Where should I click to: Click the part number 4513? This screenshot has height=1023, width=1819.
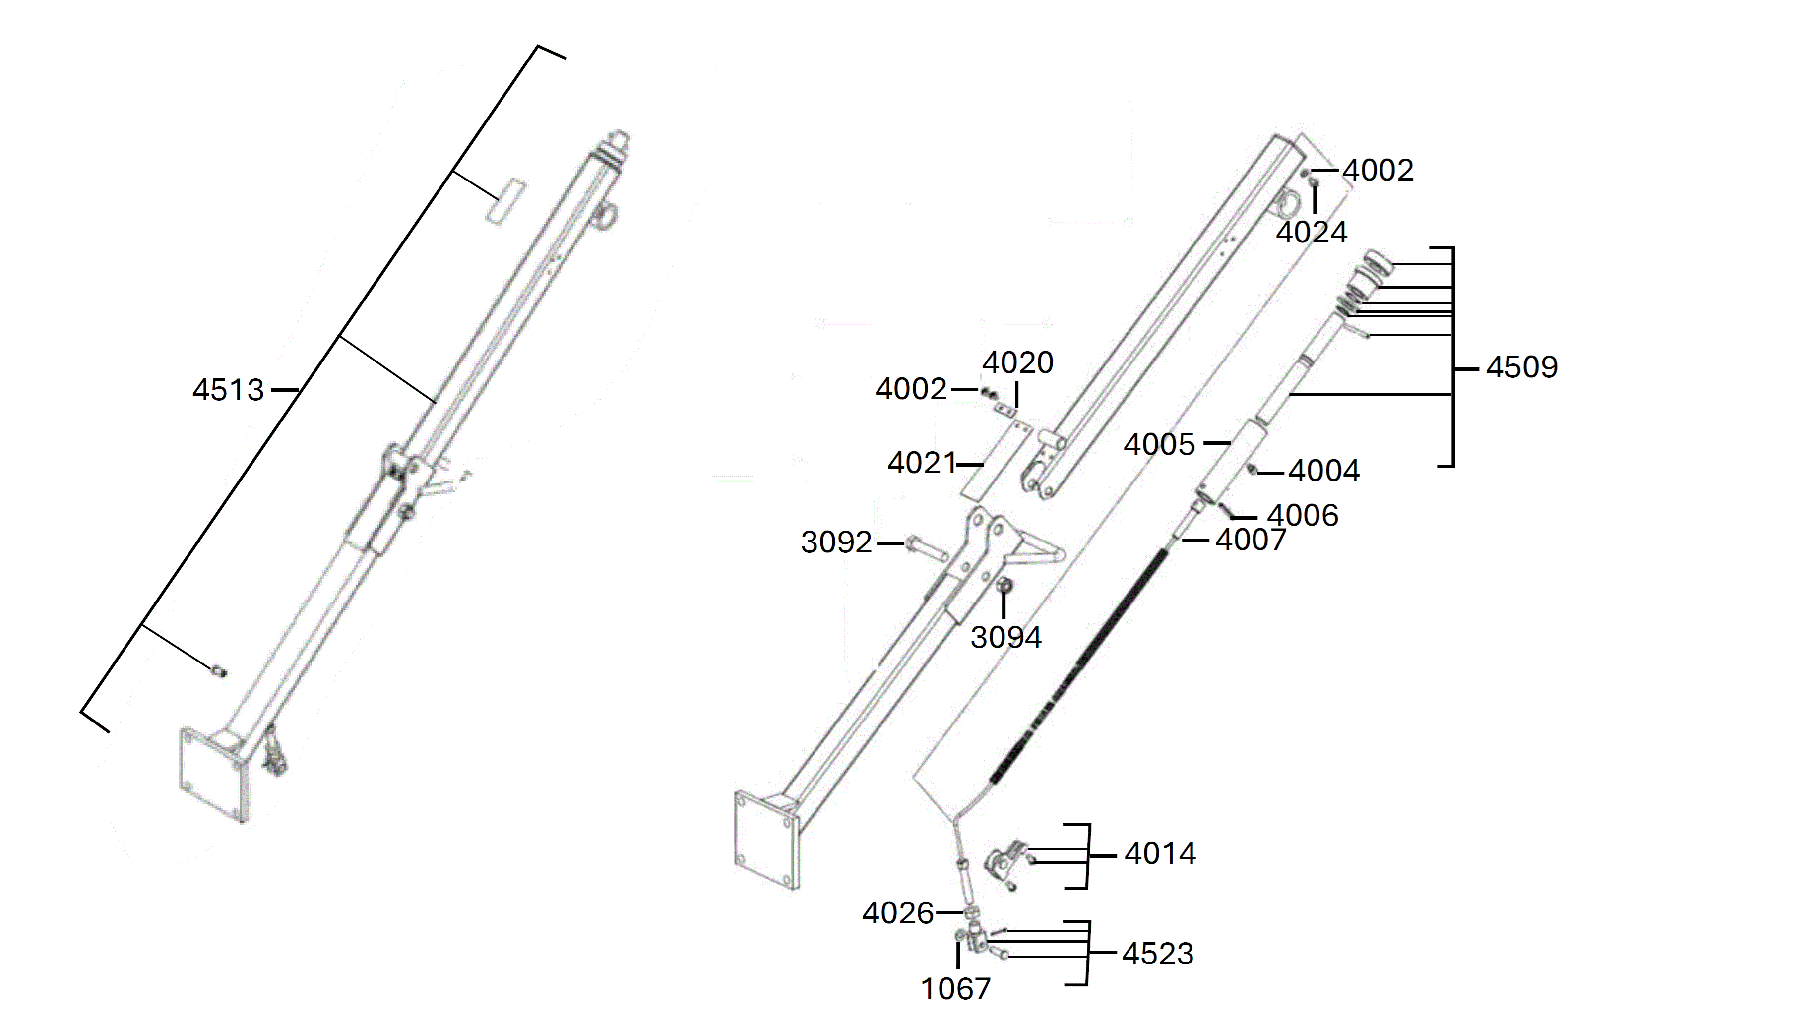tap(228, 390)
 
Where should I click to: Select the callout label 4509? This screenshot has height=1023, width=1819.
tap(1522, 367)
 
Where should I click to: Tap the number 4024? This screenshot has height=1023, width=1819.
tap(1311, 232)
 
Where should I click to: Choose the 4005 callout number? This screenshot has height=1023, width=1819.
tap(1159, 445)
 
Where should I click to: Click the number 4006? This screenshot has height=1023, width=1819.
tap(1303, 515)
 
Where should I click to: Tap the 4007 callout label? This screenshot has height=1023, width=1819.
tap(1251, 540)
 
